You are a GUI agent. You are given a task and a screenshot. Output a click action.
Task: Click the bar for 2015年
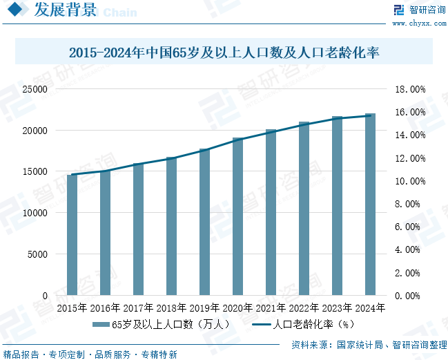click(72, 235)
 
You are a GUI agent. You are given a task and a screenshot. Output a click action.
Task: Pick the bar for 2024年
click(370, 205)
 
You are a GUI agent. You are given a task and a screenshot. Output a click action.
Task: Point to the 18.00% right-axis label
click(409, 89)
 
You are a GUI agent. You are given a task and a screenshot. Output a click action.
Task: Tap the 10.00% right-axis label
click(409, 181)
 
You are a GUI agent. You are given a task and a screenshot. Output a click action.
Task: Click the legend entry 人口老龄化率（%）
click(304, 323)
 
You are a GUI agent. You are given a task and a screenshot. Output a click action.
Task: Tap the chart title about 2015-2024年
click(225, 53)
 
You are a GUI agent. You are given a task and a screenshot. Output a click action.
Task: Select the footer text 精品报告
click(21, 354)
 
